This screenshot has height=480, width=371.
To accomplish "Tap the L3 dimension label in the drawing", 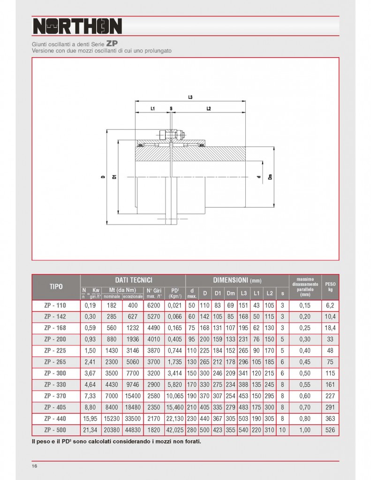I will coord(190,97).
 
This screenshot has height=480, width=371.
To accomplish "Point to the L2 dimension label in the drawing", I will coord(208,109).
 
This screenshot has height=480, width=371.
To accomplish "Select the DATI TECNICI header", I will coord(133,279).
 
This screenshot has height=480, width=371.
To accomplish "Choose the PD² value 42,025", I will coord(175,429).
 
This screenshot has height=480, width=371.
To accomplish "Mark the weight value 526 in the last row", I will coord(330,429).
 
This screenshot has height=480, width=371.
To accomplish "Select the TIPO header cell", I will coord(56,286).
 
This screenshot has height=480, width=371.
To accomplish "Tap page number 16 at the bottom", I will coord(35,466).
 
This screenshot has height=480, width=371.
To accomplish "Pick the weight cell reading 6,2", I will coord(330,304).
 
